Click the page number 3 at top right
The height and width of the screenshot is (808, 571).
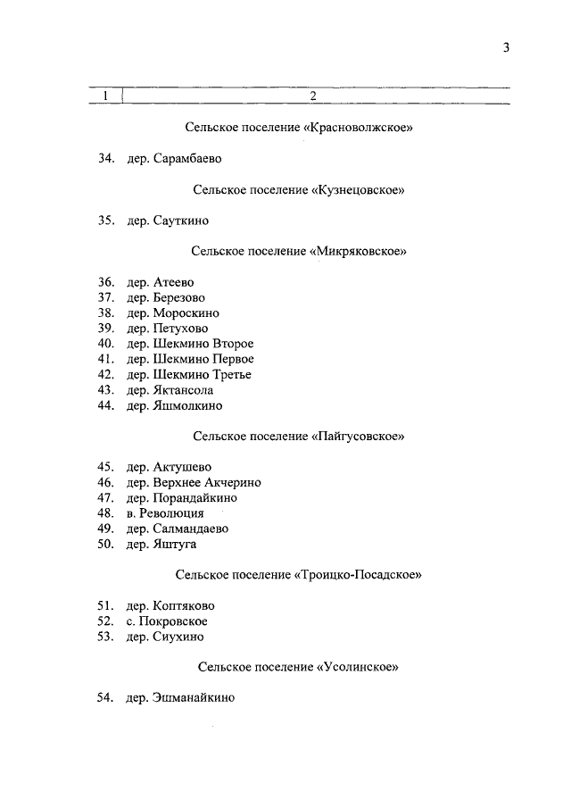[505, 49]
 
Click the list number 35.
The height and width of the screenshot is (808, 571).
[105, 221]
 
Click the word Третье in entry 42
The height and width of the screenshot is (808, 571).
[230, 374]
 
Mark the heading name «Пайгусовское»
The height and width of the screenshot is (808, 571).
[360, 437]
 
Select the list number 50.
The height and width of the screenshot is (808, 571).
[105, 544]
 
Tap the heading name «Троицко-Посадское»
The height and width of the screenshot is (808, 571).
[357, 575]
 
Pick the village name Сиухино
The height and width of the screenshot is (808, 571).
[178, 637]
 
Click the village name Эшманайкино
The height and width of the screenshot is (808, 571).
[194, 698]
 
